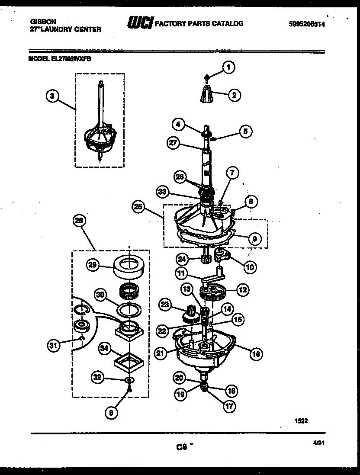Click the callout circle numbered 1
(x=229, y=67)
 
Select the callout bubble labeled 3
(x=52, y=97)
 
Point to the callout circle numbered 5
(x=245, y=131)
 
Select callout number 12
(x=242, y=289)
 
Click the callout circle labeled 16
(x=256, y=354)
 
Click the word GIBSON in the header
(x=43, y=20)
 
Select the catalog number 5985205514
(x=306, y=25)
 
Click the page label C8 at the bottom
(x=181, y=448)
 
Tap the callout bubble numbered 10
(x=250, y=267)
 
